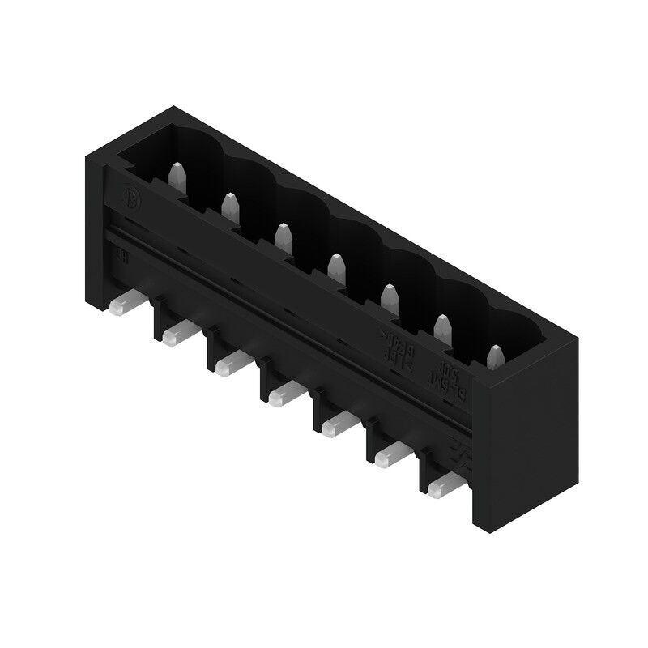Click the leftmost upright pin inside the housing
tap(177, 174)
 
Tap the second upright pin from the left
tap(229, 206)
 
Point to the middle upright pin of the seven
tap(335, 265)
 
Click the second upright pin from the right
tap(442, 326)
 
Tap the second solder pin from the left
tap(177, 332)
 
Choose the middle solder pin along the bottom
tap(283, 394)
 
